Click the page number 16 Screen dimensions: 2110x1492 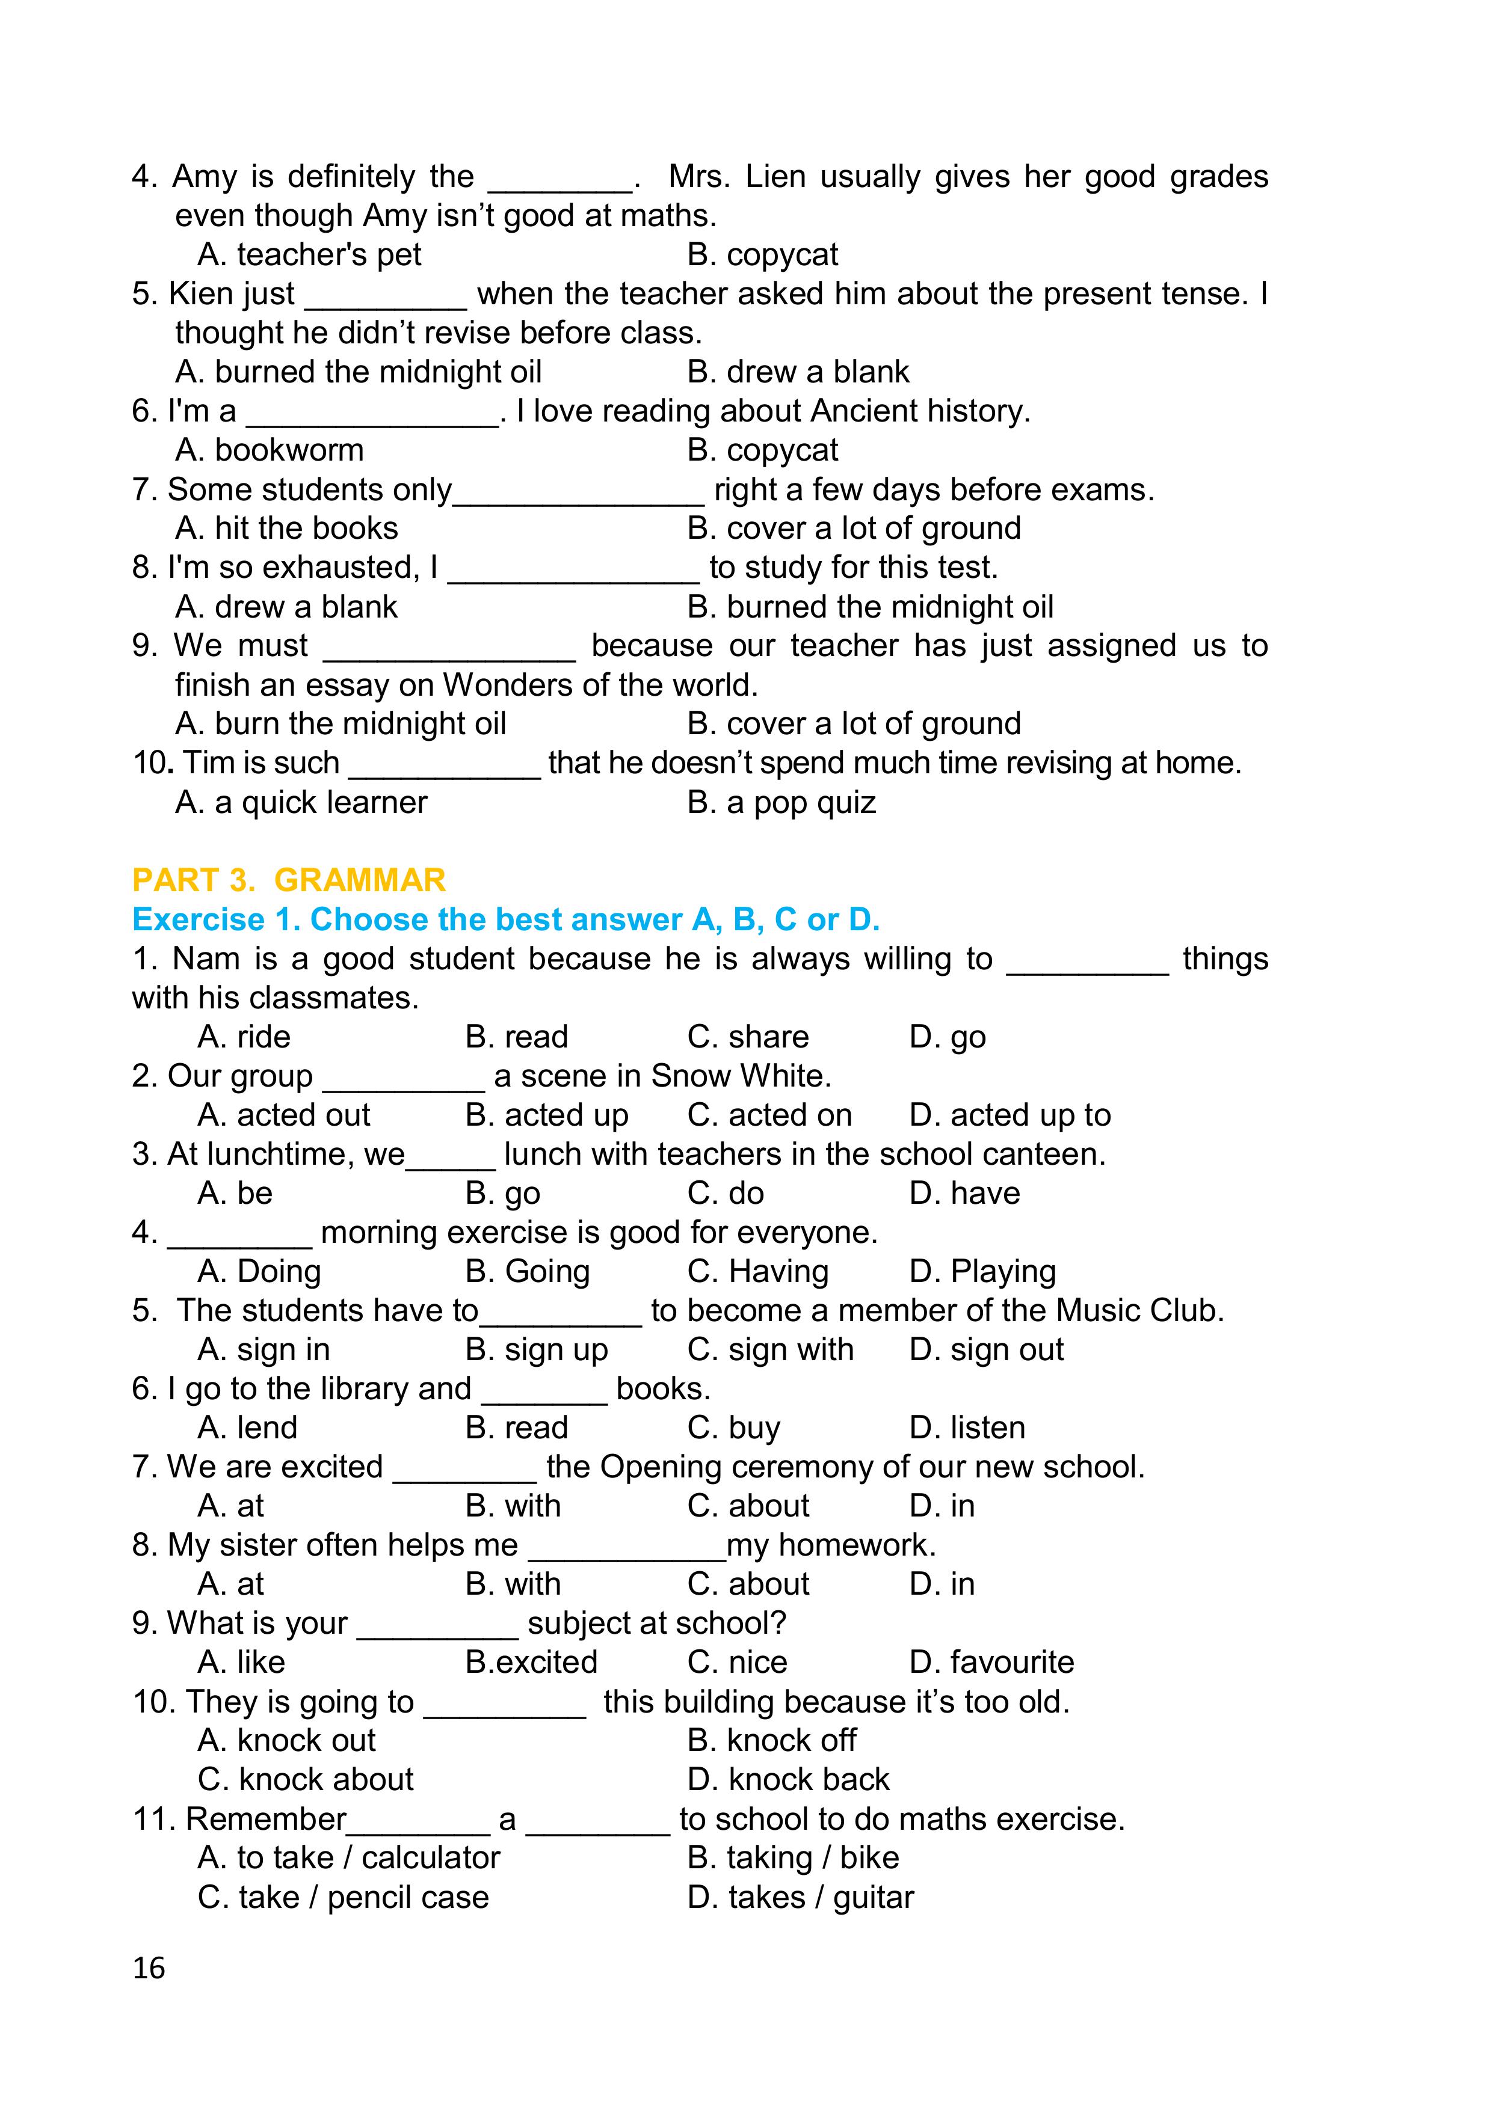click(149, 1967)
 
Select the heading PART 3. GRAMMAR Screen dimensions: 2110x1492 click(289, 880)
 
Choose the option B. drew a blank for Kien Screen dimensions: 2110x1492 click(798, 371)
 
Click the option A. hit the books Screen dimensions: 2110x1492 click(287, 529)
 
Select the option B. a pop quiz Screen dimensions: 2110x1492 click(781, 802)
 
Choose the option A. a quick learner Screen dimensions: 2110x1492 click(301, 802)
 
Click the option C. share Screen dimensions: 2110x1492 click(747, 1037)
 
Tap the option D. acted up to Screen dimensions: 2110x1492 click(1010, 1115)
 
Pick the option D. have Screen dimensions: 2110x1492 click(964, 1193)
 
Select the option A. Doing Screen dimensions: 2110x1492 click(259, 1271)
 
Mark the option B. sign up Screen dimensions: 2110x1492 click(537, 1349)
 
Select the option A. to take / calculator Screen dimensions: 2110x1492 click(348, 1857)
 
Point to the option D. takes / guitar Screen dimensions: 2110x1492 click(801, 1897)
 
